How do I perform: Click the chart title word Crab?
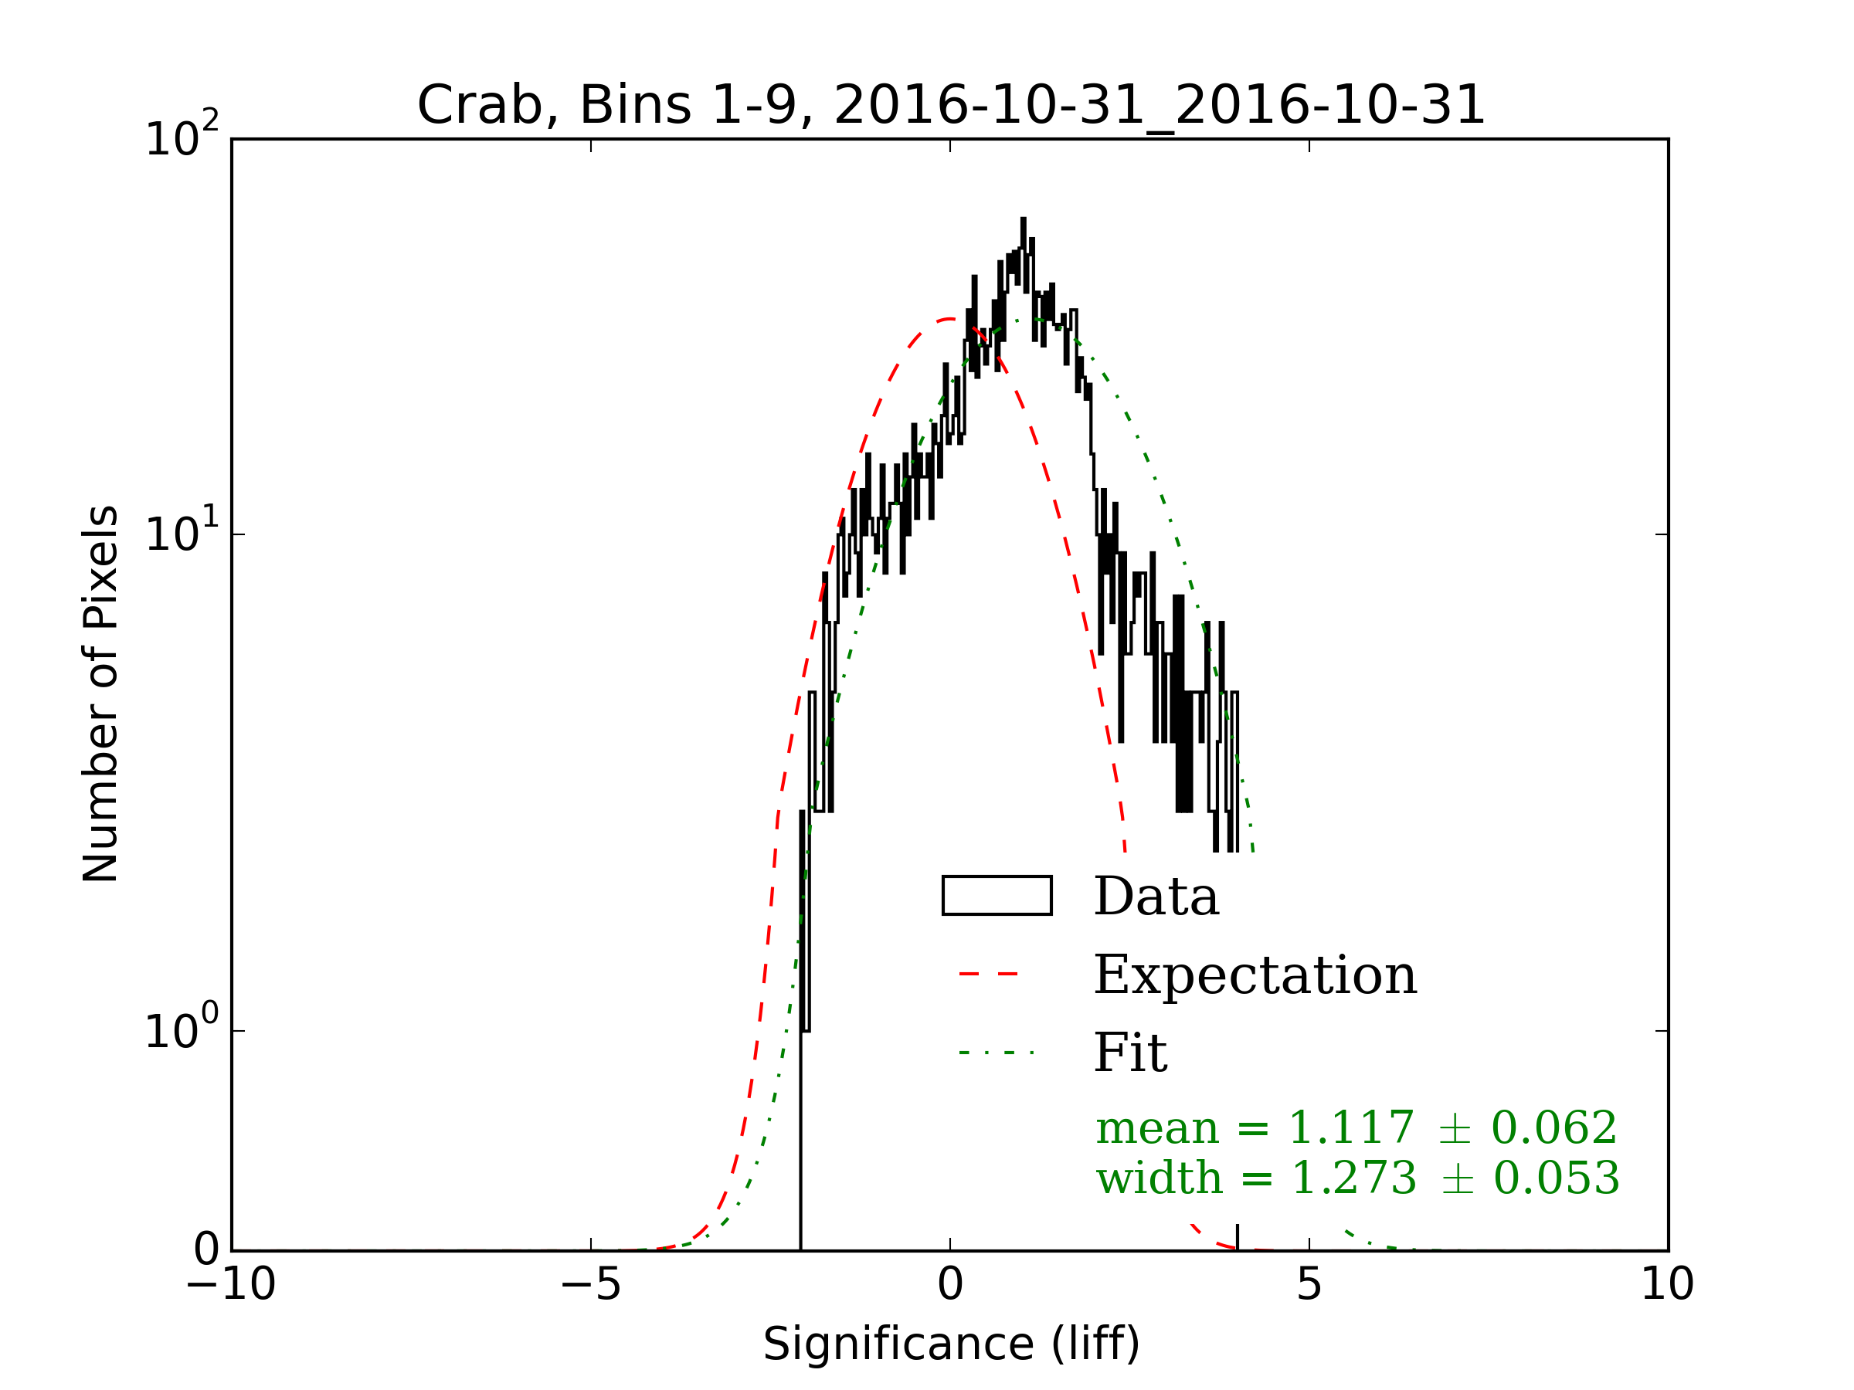tap(484, 107)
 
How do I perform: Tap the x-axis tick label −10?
tap(231, 1284)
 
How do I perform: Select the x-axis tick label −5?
tap(591, 1284)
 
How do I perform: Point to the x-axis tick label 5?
tap(1309, 1284)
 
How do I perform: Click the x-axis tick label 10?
tap(1667, 1284)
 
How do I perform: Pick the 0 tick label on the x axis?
tap(950, 1284)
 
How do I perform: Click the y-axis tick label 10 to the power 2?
tap(182, 136)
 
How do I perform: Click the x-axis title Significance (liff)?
tap(951, 1344)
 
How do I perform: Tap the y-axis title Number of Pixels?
tap(101, 693)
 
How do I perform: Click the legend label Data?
tap(1156, 897)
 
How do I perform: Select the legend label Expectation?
tap(1255, 975)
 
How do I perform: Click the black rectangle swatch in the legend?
tap(997, 896)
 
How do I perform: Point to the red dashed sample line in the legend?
tap(989, 974)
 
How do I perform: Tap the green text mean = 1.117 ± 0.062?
tap(1357, 1127)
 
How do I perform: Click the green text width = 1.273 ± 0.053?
tap(1358, 1178)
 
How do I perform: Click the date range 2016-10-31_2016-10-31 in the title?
tap(1160, 107)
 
